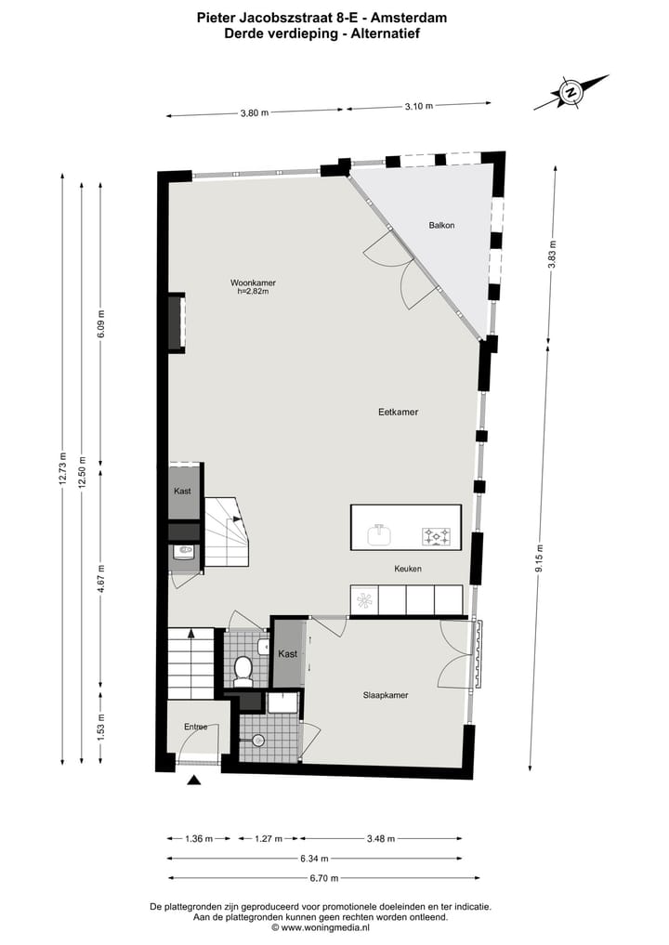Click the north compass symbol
click(571, 91)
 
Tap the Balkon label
click(441, 226)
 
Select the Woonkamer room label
click(254, 282)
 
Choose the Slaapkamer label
click(386, 694)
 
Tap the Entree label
click(195, 727)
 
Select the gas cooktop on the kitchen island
click(436, 535)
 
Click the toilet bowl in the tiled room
click(244, 668)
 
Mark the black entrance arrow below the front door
click(193, 781)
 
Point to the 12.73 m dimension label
click(62, 468)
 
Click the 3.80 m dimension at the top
click(254, 113)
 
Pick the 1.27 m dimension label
click(268, 839)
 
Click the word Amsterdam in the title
click(410, 16)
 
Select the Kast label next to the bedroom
click(288, 654)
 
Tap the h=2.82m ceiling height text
click(253, 292)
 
